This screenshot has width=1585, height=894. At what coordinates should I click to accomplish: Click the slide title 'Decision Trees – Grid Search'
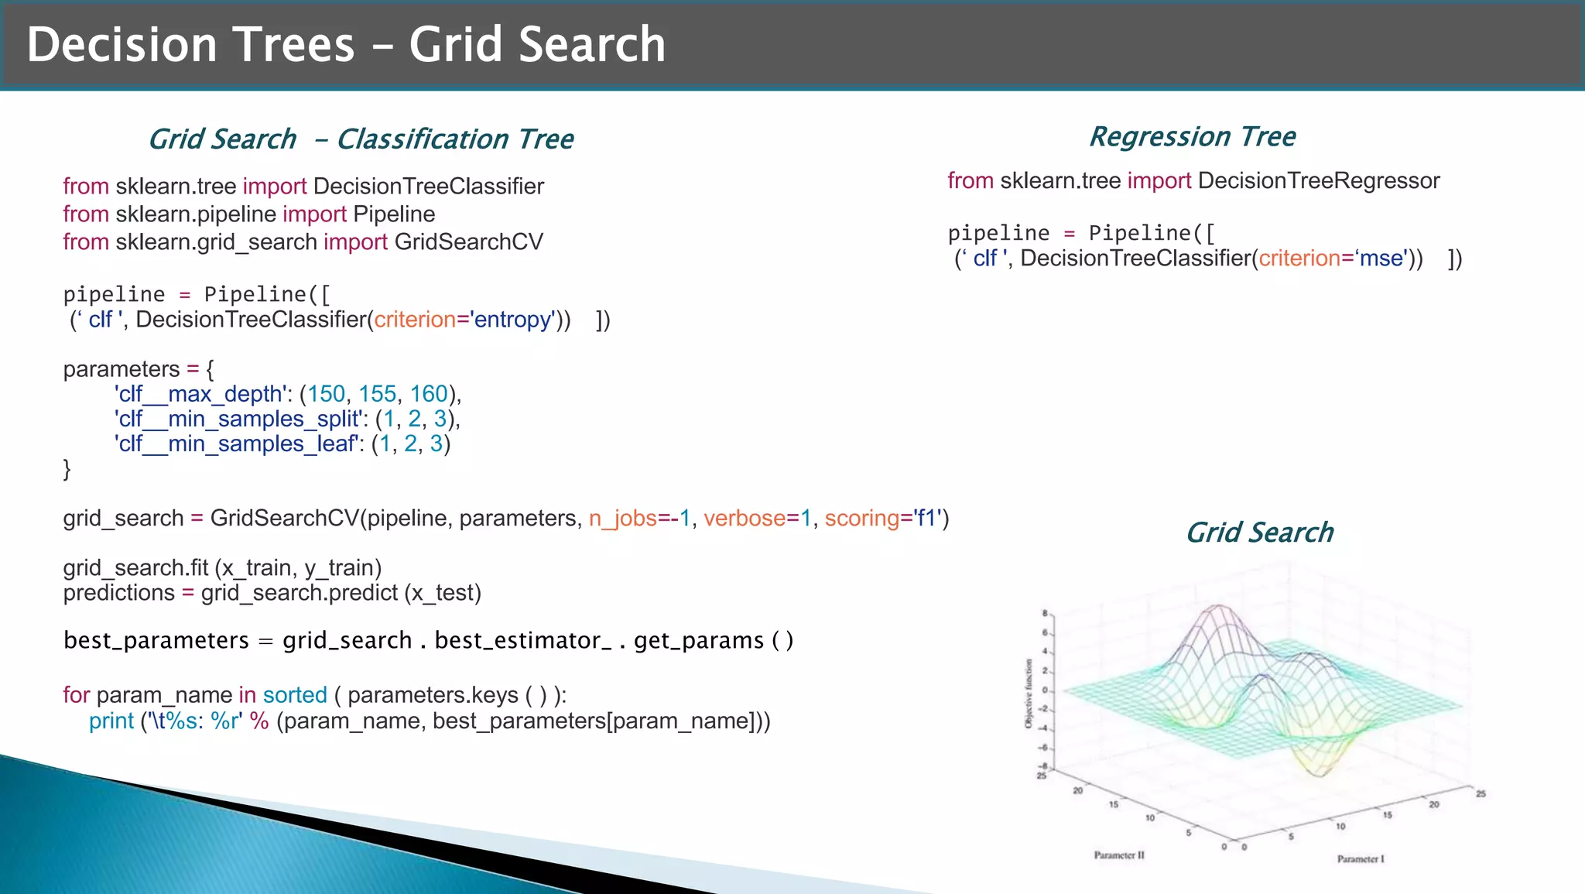(346, 44)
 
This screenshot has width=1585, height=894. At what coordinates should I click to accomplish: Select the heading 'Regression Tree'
(1192, 136)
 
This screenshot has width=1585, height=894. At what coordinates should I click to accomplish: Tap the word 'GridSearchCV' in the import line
(468, 242)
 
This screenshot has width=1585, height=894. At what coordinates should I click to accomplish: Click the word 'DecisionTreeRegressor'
(1318, 181)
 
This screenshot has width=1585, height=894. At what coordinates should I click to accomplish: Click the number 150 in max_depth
(326, 394)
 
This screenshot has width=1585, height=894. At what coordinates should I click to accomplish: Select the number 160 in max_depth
(429, 394)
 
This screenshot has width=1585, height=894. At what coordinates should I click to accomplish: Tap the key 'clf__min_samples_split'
(238, 419)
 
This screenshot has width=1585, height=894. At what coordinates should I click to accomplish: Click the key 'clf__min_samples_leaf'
(236, 444)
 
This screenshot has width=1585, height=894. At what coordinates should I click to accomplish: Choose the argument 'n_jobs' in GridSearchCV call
(622, 518)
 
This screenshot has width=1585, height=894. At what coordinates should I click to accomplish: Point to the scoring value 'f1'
(926, 518)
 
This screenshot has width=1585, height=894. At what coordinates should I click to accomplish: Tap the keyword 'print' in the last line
(111, 721)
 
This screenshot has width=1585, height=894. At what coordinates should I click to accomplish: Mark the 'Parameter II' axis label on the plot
(1118, 855)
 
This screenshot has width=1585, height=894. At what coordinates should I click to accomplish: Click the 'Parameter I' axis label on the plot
(1360, 858)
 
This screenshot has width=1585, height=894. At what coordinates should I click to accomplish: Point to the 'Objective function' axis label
(1029, 694)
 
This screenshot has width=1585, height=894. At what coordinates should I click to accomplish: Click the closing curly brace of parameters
(67, 468)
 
